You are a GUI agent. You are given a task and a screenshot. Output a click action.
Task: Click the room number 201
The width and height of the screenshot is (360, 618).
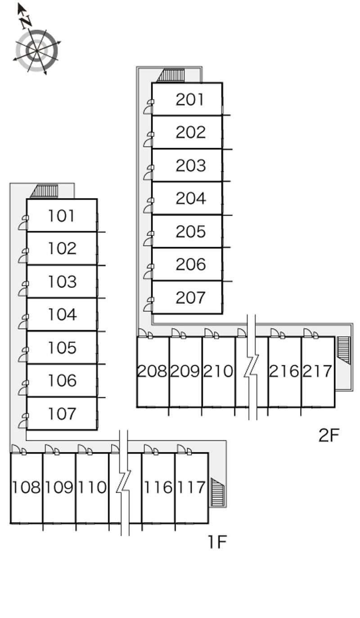190,99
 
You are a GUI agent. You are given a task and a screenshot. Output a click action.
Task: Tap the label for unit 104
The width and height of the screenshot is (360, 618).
63,315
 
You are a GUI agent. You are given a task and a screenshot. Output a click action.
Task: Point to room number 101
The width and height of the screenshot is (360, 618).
61,216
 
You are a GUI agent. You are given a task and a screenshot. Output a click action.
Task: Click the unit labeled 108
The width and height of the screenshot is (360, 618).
26,487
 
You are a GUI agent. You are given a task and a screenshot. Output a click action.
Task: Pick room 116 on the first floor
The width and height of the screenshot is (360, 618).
158,487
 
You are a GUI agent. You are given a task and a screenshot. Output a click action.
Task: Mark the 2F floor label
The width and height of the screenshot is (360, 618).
329,435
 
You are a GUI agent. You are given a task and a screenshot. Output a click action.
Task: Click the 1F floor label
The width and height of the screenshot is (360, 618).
217,541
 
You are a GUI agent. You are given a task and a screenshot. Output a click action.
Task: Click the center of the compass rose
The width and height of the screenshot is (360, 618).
37,51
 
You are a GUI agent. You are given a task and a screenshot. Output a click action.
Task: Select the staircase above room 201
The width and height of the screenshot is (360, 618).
171,75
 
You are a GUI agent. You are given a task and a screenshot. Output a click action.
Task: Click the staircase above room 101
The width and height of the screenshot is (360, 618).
44,191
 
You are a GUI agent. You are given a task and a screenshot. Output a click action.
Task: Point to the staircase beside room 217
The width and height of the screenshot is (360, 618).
344,350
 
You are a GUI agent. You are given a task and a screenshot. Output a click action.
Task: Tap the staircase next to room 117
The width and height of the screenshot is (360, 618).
218,492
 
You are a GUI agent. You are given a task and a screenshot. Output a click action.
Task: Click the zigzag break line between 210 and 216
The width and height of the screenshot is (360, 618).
251,367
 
